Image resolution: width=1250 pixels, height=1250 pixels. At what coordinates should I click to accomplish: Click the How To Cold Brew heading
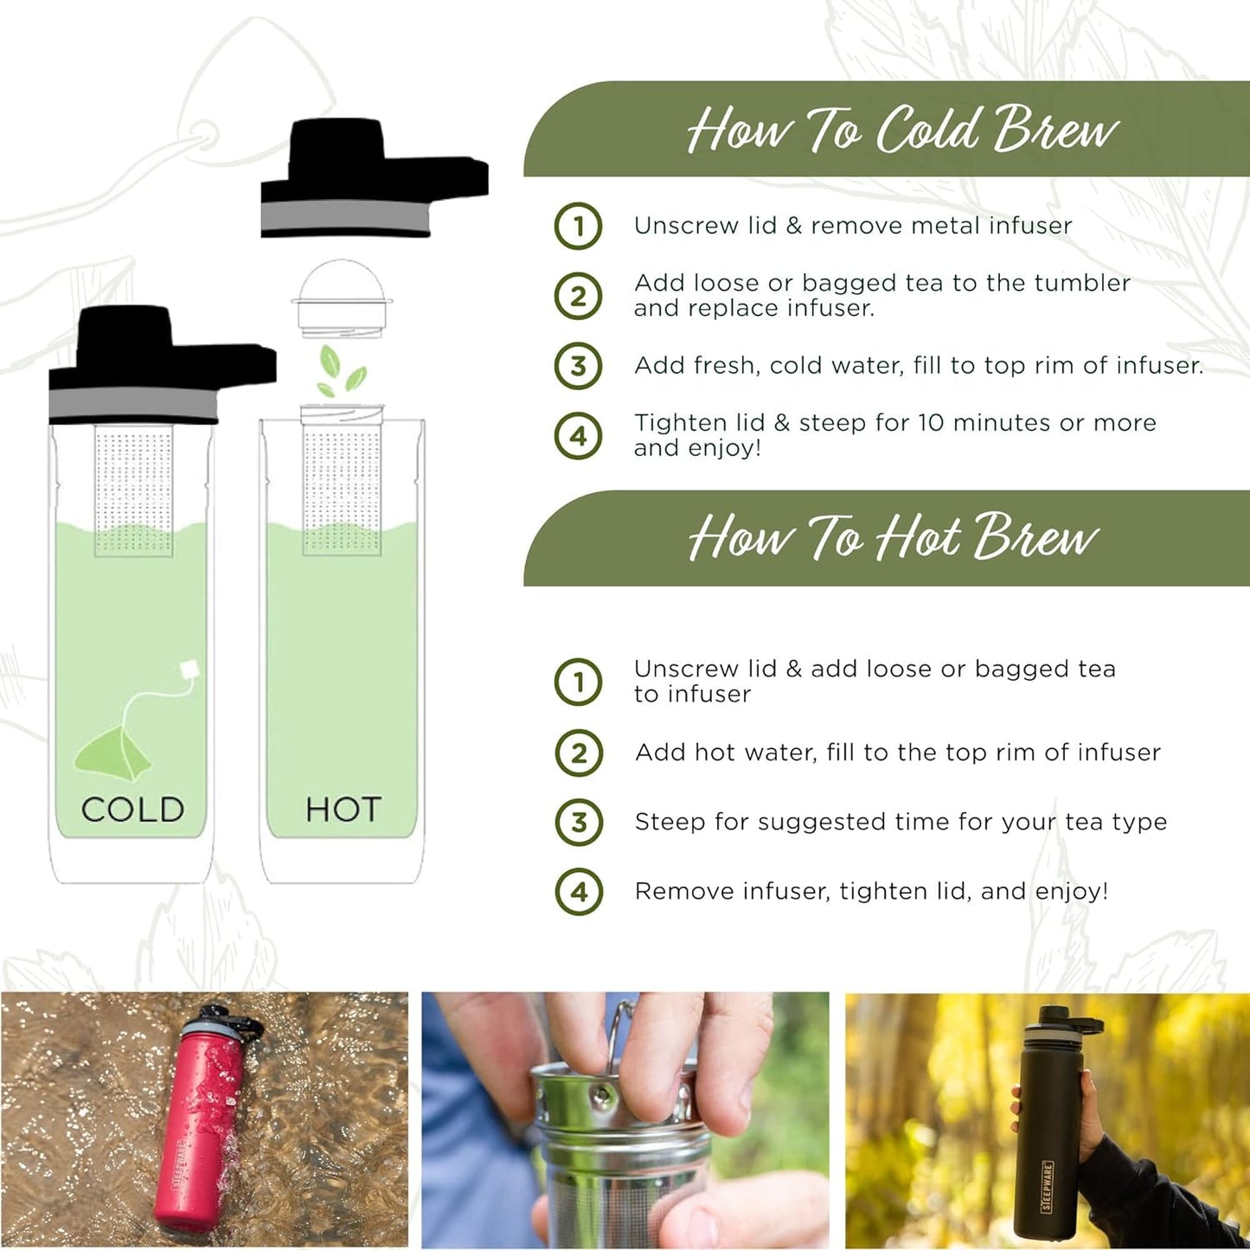click(902, 130)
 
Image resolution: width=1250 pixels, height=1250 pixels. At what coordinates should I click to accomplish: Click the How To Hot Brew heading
click(893, 537)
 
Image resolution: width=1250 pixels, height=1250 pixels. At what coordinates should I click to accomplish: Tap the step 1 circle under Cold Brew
click(578, 226)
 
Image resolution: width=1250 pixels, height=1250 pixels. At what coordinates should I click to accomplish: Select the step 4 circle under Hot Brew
click(579, 892)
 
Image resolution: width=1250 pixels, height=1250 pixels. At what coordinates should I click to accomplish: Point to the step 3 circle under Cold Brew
click(578, 366)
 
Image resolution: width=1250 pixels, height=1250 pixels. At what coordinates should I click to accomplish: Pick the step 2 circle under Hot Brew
click(579, 753)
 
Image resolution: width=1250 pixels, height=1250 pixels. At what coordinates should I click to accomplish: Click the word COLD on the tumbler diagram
click(132, 810)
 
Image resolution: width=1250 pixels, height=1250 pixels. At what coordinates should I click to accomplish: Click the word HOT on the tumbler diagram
click(343, 810)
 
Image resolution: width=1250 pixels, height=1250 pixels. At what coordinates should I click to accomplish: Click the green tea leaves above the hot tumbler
click(340, 370)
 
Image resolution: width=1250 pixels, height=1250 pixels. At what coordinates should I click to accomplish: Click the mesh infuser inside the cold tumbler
click(133, 490)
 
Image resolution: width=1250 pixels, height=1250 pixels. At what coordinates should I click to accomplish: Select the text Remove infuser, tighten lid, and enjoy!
click(871, 891)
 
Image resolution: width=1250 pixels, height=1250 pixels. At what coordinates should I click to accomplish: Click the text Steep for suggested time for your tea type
click(901, 822)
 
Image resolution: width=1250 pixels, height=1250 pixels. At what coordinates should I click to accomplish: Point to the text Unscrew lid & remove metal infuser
click(853, 226)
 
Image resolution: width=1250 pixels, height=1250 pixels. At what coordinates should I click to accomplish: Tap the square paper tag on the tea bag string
click(189, 670)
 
